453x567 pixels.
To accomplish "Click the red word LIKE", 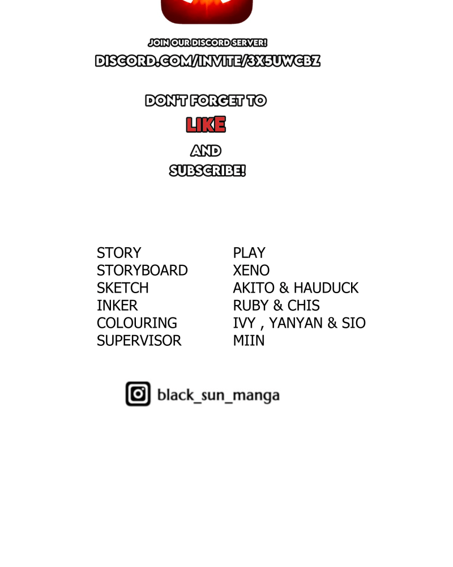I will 206,125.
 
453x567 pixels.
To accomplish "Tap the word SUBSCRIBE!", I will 207,171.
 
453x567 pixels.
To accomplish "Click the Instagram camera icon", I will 138,394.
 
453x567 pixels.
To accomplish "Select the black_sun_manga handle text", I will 218,395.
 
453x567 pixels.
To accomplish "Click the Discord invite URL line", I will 207,61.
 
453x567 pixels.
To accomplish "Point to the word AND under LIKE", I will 206,151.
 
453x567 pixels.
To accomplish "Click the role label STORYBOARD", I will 142,270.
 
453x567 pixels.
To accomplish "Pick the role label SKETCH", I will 123,288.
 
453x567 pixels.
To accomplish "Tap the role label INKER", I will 117,306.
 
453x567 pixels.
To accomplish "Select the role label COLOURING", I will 137,323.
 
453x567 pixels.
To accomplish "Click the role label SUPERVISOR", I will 139,341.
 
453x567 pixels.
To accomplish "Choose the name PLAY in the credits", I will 249,253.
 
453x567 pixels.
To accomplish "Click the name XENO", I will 251,270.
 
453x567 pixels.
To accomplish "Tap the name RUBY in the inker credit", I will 250,306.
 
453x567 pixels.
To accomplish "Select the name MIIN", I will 249,341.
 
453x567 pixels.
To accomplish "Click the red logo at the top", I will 207,11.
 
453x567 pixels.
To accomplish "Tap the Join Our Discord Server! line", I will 207,43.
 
